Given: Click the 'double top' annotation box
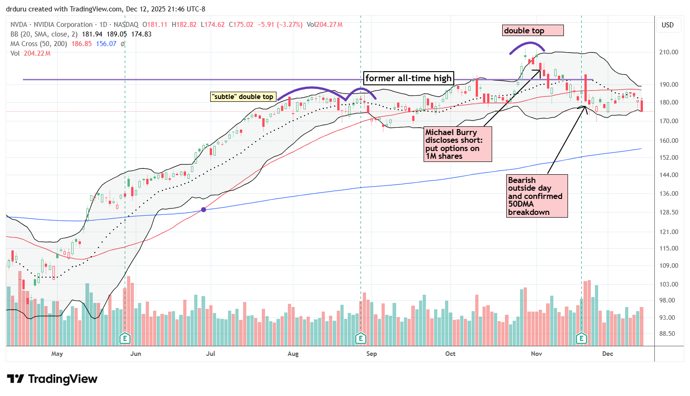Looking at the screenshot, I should (x=533, y=31).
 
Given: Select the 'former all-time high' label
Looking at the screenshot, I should (x=408, y=78).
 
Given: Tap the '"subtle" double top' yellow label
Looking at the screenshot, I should (x=243, y=97).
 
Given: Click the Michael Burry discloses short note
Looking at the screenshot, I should (x=458, y=144).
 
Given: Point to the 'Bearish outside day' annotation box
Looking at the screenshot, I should (x=537, y=196).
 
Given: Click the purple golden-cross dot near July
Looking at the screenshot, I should (x=203, y=209).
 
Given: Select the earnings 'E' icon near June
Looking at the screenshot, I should (x=125, y=339).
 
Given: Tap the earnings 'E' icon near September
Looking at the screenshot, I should (x=361, y=339).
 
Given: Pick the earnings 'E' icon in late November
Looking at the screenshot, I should (x=581, y=339).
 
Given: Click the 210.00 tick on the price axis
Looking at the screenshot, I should (x=668, y=52).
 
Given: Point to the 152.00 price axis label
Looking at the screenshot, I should (x=668, y=157).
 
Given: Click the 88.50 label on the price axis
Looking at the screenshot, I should (x=668, y=333).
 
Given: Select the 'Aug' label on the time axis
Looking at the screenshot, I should (x=293, y=354).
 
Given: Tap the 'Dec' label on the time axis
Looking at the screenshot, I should (x=607, y=354).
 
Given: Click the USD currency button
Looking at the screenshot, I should (x=668, y=25).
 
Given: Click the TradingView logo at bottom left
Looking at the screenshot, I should (x=52, y=379).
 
